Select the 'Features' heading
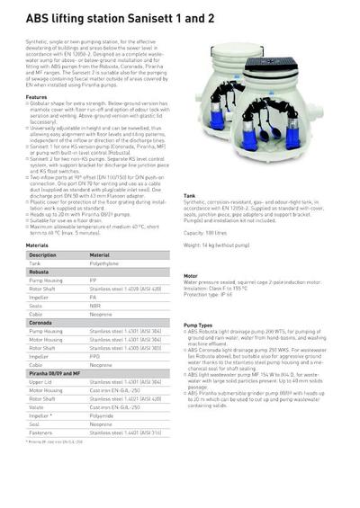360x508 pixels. click(36, 97)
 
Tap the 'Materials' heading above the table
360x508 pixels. click(37, 245)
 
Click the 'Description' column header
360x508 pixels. click(42, 254)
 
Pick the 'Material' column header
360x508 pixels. click(99, 254)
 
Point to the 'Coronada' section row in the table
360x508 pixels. click(40, 322)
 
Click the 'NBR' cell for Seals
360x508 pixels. click(95, 305)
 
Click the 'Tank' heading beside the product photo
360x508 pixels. click(189, 195)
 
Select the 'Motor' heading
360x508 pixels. click(190, 276)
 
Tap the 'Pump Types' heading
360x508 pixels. click(198, 325)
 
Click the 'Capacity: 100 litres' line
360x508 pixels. click(211, 232)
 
